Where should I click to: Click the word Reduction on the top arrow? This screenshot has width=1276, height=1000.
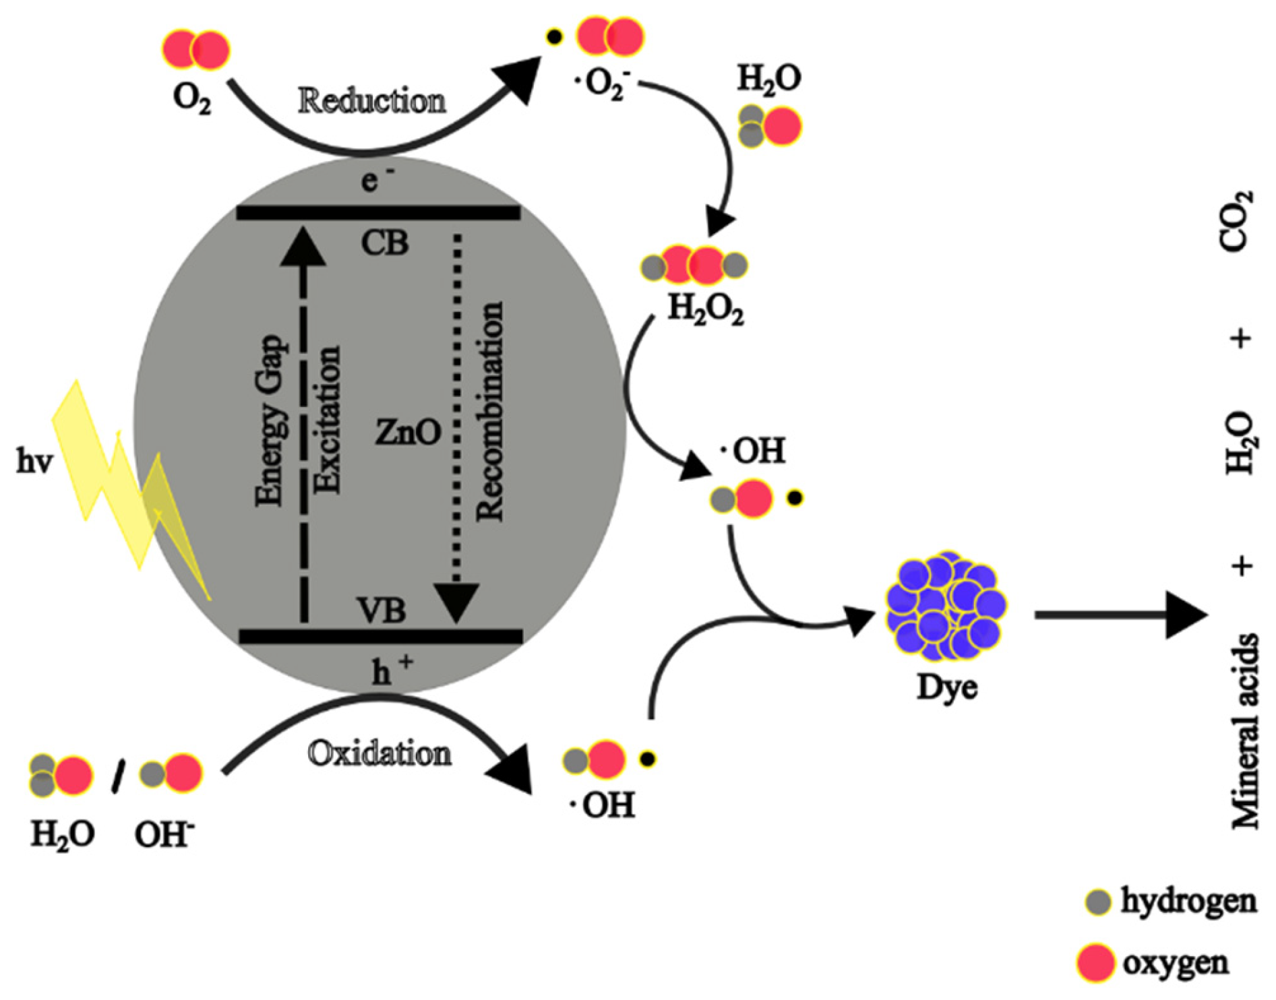pos(372,102)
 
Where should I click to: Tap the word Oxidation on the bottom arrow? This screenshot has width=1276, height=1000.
pos(379,753)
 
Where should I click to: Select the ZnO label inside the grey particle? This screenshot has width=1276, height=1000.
pos(408,432)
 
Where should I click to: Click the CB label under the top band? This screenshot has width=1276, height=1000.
pos(384,243)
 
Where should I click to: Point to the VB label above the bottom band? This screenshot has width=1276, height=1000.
pos(382,611)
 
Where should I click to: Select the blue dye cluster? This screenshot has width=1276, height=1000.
pos(945,606)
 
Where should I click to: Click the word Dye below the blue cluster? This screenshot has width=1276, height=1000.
pos(946,687)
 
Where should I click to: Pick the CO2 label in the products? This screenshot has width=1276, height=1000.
pos(1239,221)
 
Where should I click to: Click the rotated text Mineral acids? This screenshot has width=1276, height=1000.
pos(1244,731)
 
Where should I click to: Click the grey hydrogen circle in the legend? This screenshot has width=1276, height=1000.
pos(1098,902)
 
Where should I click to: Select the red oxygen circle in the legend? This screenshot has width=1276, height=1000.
pos(1095,963)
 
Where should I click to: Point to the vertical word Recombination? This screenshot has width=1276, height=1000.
pos(490,411)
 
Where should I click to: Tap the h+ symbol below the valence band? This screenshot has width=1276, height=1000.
pos(391,670)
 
